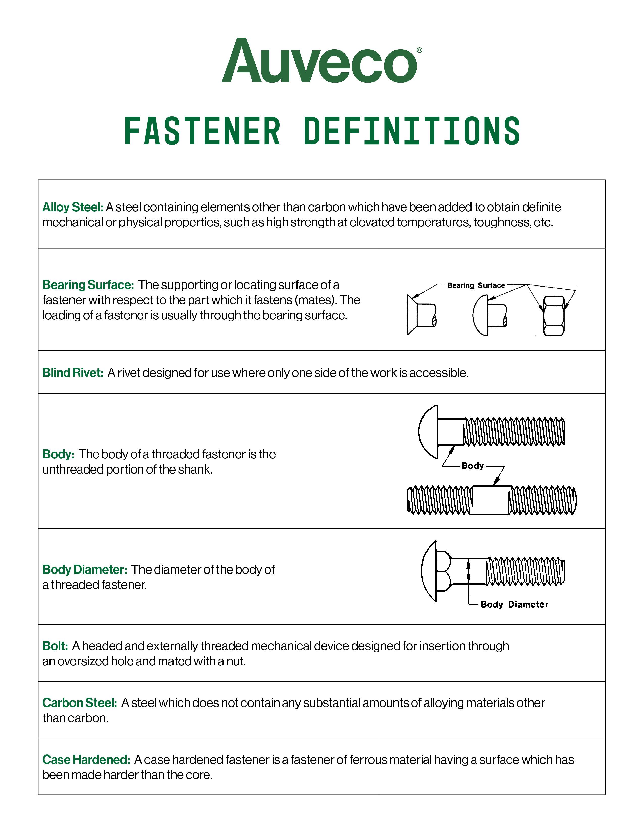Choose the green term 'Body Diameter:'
click(84, 569)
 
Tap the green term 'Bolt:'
click(55, 646)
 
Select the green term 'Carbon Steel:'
click(79, 703)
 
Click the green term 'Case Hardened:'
click(86, 760)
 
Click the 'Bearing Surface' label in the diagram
click(476, 285)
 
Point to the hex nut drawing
click(554, 316)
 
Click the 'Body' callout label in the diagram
click(473, 466)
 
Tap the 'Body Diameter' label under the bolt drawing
click(514, 605)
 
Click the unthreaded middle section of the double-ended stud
click(490, 500)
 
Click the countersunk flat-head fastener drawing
click(421, 315)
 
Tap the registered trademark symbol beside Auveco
click(420, 50)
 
